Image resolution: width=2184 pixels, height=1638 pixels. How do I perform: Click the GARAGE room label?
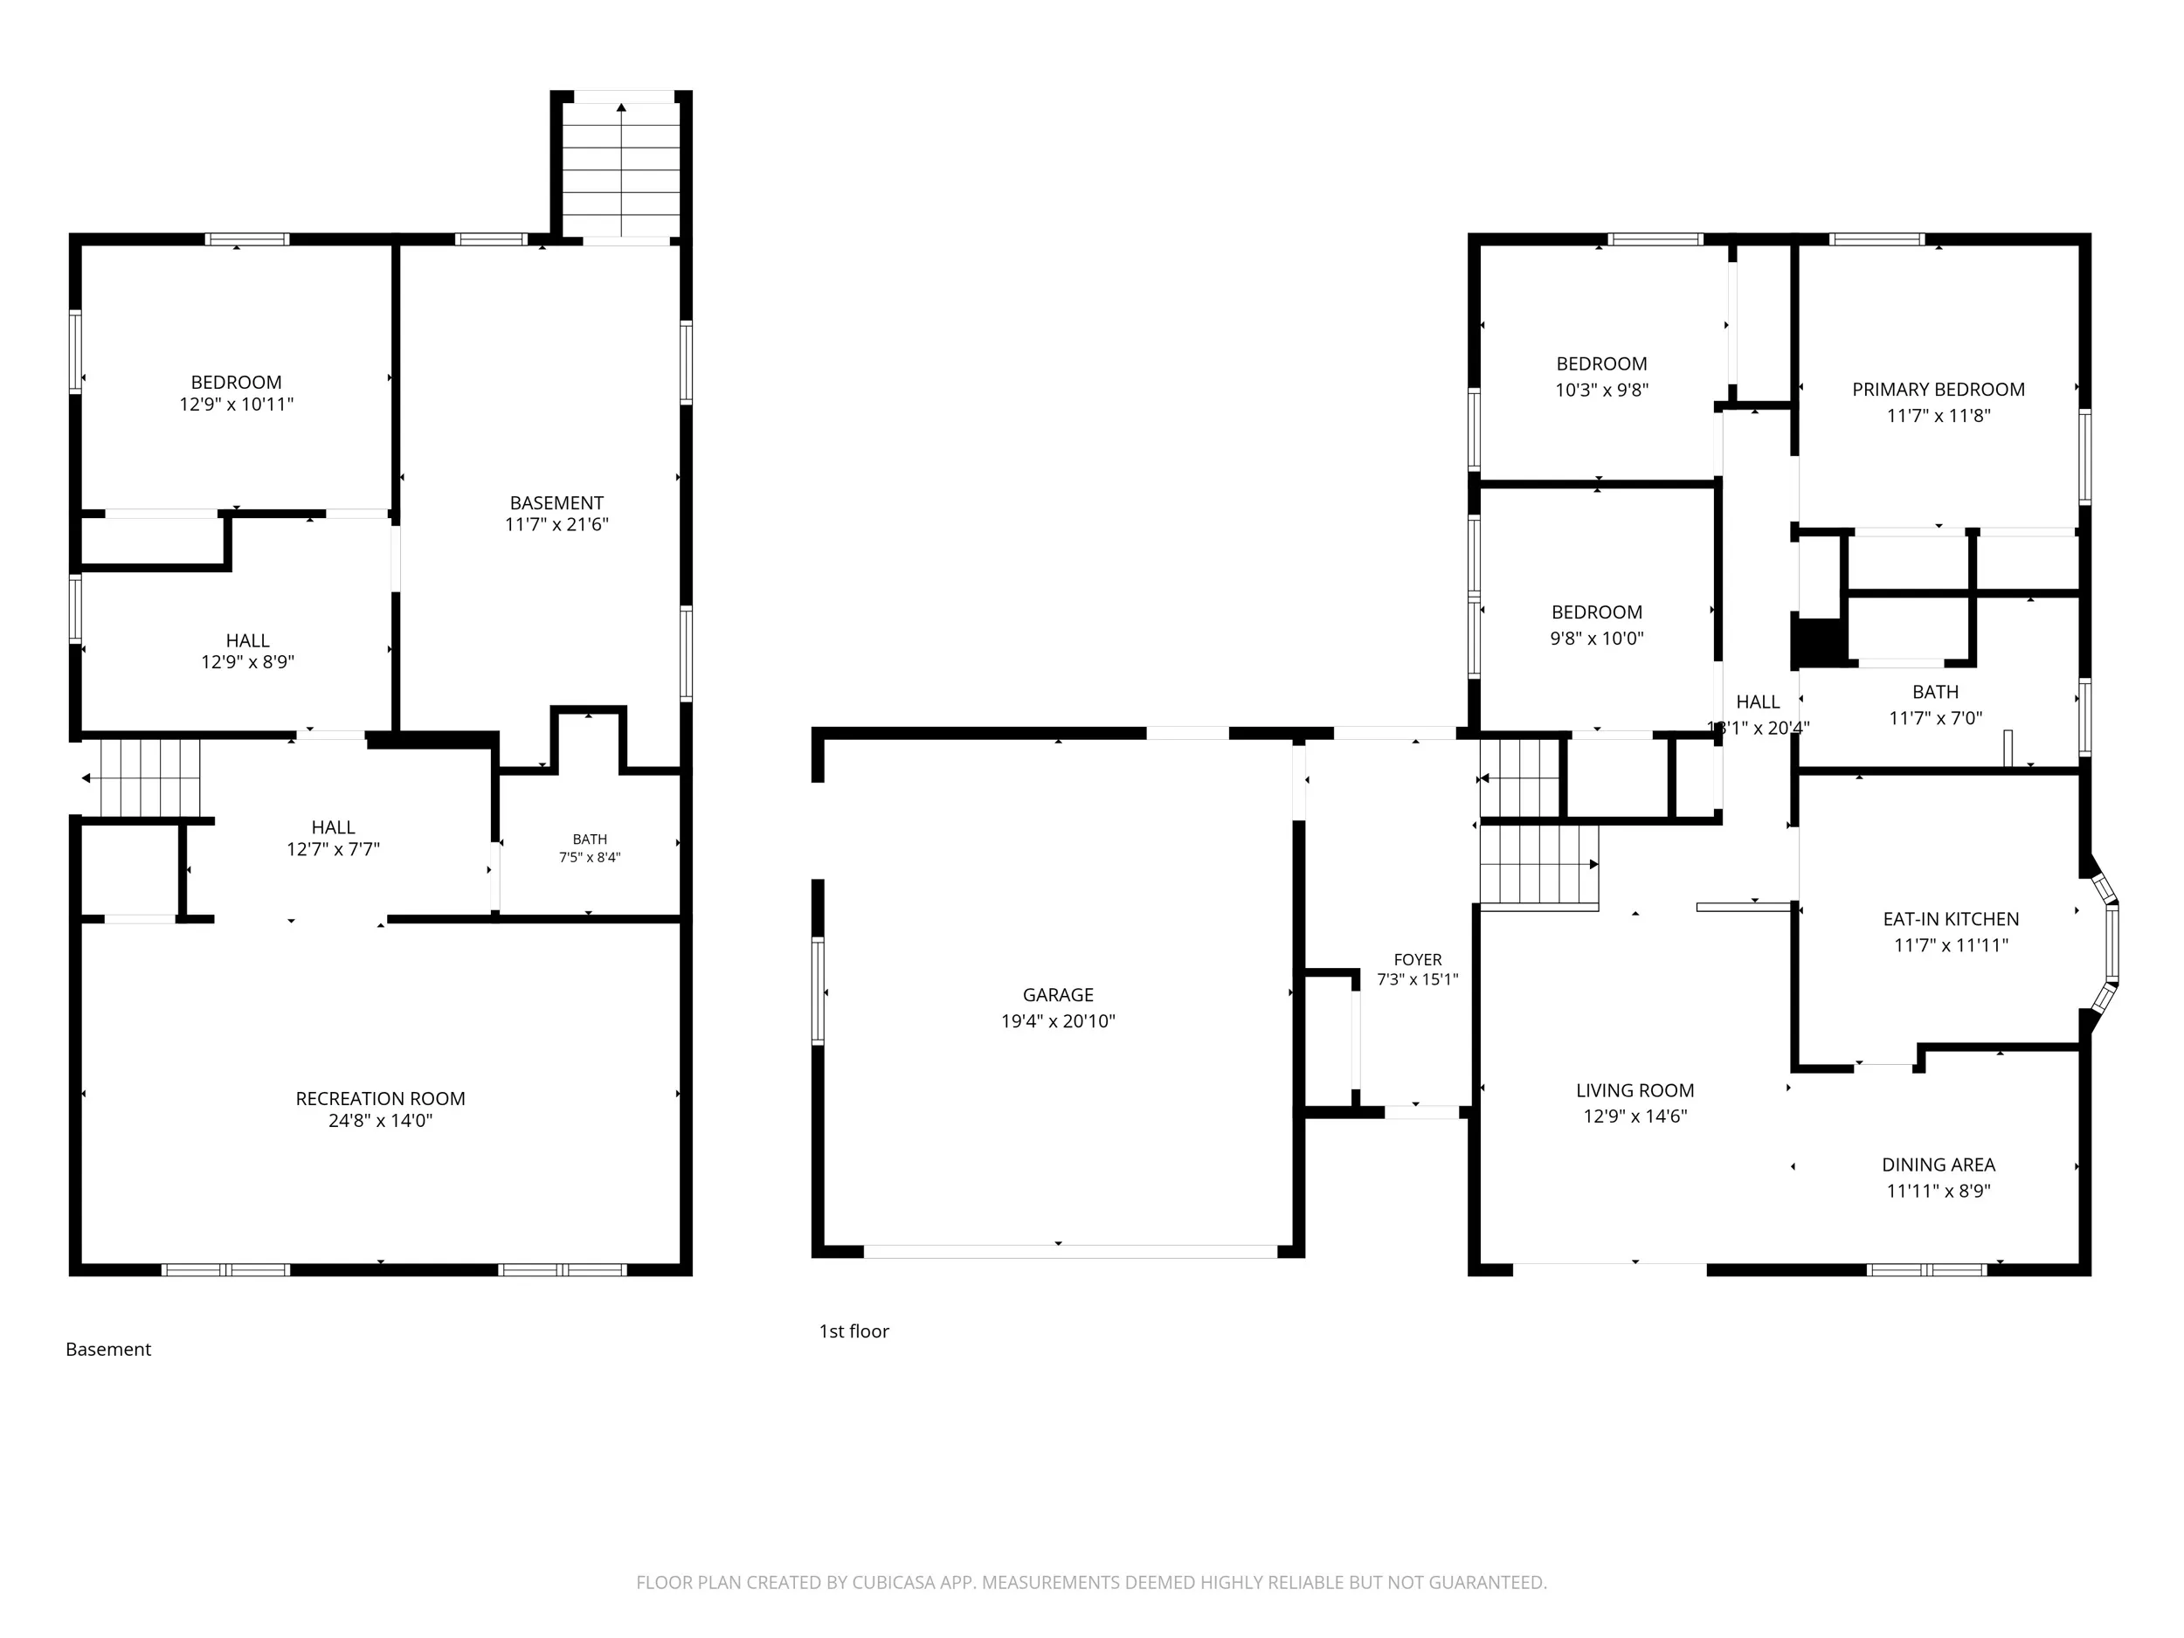coord(1057,995)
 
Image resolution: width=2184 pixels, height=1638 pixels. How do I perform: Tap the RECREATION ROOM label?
coord(380,1099)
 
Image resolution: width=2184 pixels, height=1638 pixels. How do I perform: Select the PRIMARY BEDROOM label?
coord(1939,390)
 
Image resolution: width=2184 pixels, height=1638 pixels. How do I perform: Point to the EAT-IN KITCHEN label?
coord(1951,919)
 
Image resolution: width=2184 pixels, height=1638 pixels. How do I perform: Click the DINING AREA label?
coord(1939,1165)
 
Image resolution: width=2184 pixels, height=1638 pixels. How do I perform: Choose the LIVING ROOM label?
coord(1635,1091)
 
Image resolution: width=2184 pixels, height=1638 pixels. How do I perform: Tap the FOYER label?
coord(1418,960)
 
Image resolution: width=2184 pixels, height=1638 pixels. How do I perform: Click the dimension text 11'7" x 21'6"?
coord(556,524)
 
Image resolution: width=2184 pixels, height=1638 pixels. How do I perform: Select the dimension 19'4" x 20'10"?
coord(1057,1021)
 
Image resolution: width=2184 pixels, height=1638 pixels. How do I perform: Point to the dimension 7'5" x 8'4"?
coord(590,857)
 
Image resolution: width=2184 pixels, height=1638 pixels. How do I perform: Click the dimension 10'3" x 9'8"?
coord(1601,390)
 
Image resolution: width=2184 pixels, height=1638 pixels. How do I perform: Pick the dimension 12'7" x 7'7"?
coord(333,849)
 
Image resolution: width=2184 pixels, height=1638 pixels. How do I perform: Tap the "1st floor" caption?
coord(854,1331)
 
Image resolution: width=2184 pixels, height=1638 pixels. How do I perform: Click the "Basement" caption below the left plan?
coord(108,1350)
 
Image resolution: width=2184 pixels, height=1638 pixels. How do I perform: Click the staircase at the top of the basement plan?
coord(621,169)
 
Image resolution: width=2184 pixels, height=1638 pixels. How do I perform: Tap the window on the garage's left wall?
coord(818,991)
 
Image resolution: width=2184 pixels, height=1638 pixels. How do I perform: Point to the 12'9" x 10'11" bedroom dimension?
coord(236,404)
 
